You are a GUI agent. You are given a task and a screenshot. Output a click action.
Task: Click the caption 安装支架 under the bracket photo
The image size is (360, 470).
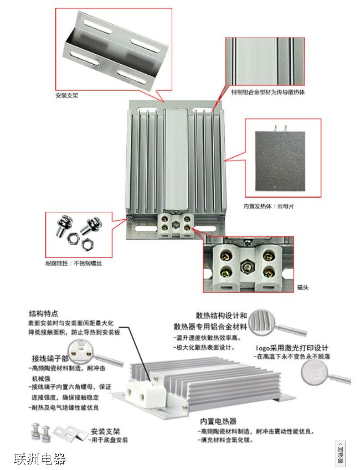(x=67, y=95)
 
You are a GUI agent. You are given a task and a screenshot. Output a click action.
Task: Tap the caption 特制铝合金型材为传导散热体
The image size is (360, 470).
(x=268, y=92)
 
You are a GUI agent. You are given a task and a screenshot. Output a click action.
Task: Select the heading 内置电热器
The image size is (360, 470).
(x=218, y=421)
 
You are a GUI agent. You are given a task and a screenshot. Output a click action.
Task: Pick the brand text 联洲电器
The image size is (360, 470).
(x=40, y=459)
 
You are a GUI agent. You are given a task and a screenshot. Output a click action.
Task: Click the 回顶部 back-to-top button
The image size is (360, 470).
(x=340, y=453)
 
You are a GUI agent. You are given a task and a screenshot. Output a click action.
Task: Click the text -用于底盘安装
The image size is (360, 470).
(x=109, y=440)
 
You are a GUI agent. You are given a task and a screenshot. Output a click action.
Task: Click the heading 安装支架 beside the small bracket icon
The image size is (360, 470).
(x=106, y=431)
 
